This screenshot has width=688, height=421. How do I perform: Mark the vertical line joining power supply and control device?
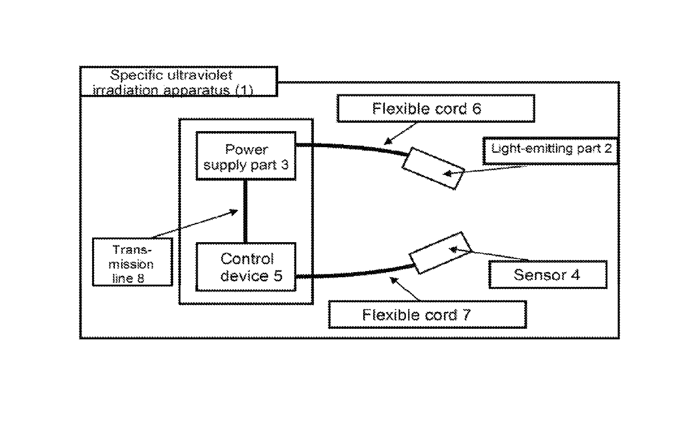coord(245,212)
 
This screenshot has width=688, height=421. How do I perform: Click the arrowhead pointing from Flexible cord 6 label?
coord(388,142)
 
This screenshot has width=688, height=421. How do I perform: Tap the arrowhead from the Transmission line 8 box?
coord(234,212)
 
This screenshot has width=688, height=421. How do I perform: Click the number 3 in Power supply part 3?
coord(285,165)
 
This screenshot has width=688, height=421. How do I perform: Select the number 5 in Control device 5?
coord(278,275)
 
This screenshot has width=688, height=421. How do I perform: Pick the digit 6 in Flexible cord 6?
coord(476,108)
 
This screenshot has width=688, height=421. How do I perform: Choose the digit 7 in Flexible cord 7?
coord(466,315)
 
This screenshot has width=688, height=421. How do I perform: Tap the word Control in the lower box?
coord(247,259)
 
